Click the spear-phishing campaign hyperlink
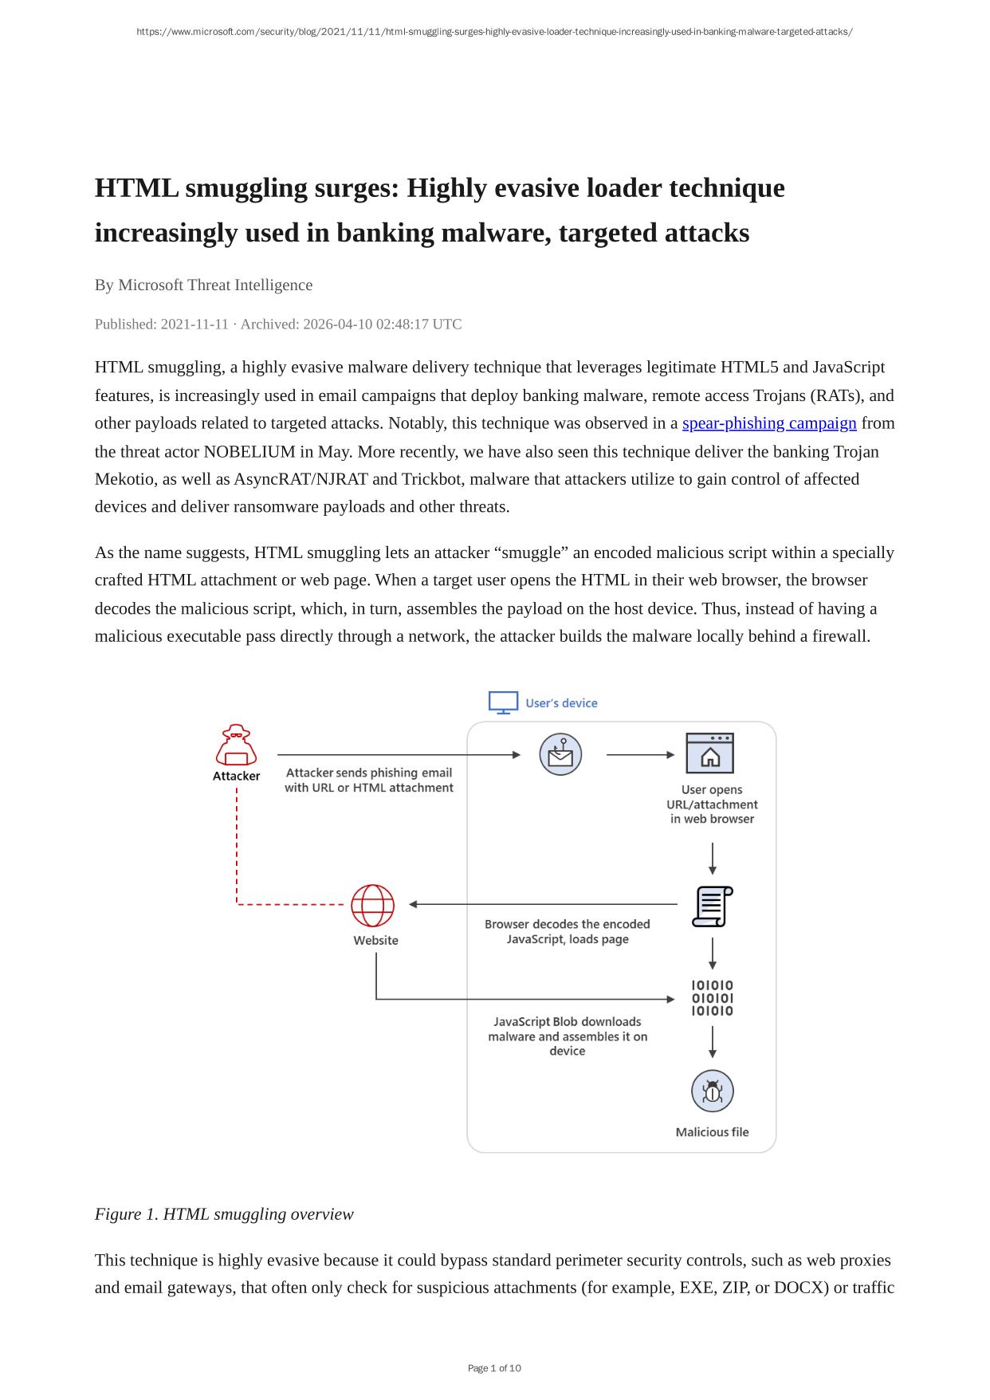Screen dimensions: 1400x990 click(x=769, y=423)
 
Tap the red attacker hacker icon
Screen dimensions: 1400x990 click(x=236, y=745)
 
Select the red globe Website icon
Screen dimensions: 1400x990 click(x=373, y=905)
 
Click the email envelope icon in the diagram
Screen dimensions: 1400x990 click(x=560, y=754)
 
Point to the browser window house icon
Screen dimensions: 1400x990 click(x=709, y=753)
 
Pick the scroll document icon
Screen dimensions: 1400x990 click(x=712, y=906)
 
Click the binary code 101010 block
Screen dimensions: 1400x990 click(x=712, y=998)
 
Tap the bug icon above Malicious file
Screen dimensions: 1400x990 click(x=712, y=1091)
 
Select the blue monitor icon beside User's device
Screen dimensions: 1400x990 click(x=503, y=702)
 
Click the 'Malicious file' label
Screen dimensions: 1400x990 click(x=712, y=1132)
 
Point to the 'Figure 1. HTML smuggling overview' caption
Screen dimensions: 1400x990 click(x=224, y=1213)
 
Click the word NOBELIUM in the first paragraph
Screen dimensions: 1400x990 click(x=249, y=452)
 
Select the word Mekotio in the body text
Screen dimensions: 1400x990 click(x=124, y=479)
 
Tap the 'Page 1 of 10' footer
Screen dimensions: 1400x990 click(x=494, y=1368)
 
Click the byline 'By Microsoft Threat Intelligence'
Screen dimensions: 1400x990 click(x=203, y=285)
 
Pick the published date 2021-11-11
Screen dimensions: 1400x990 click(x=194, y=324)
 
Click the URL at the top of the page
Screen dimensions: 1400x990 click(x=494, y=32)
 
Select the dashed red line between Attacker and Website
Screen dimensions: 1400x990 click(x=237, y=845)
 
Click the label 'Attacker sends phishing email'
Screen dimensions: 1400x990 click(x=369, y=773)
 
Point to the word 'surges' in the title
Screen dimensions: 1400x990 click(x=357, y=188)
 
